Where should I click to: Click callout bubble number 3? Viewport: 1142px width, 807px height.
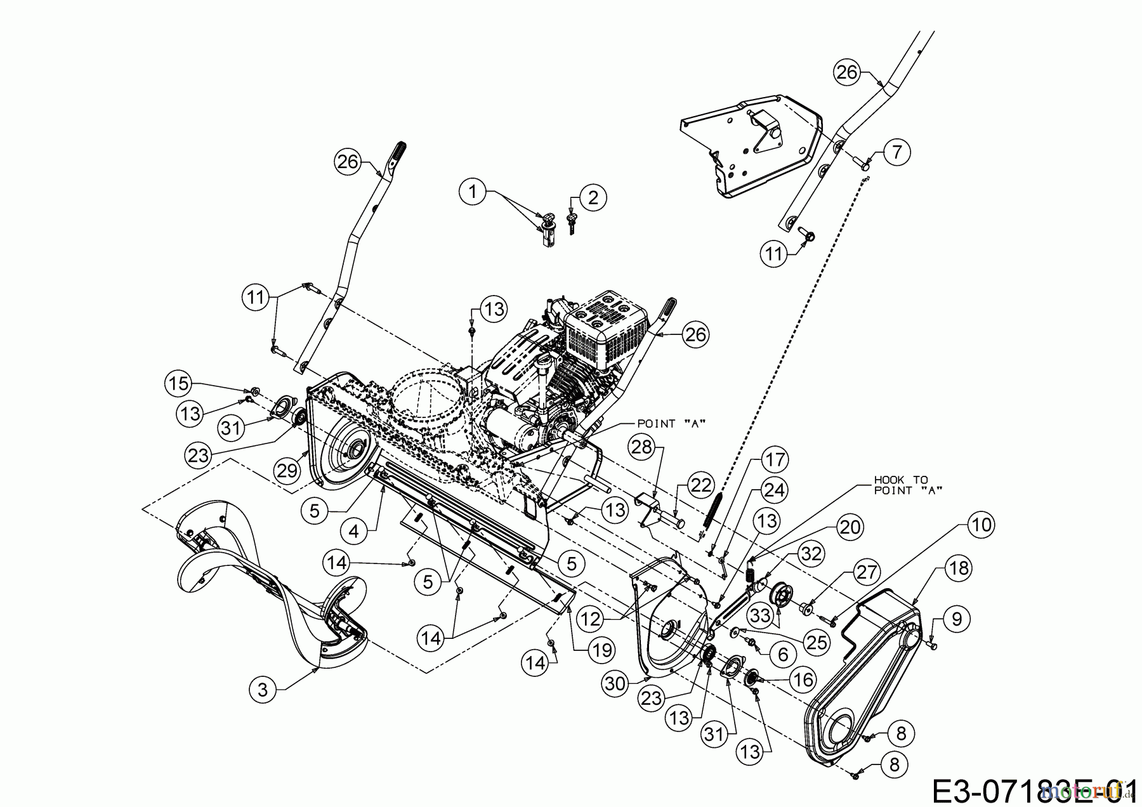[x=263, y=690]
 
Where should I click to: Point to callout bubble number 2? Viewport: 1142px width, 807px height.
[x=593, y=197]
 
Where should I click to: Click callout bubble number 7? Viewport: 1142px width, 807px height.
[x=896, y=152]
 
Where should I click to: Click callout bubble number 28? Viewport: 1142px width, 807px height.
[x=642, y=448]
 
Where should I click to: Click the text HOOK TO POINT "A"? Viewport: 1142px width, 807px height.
[x=900, y=485]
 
